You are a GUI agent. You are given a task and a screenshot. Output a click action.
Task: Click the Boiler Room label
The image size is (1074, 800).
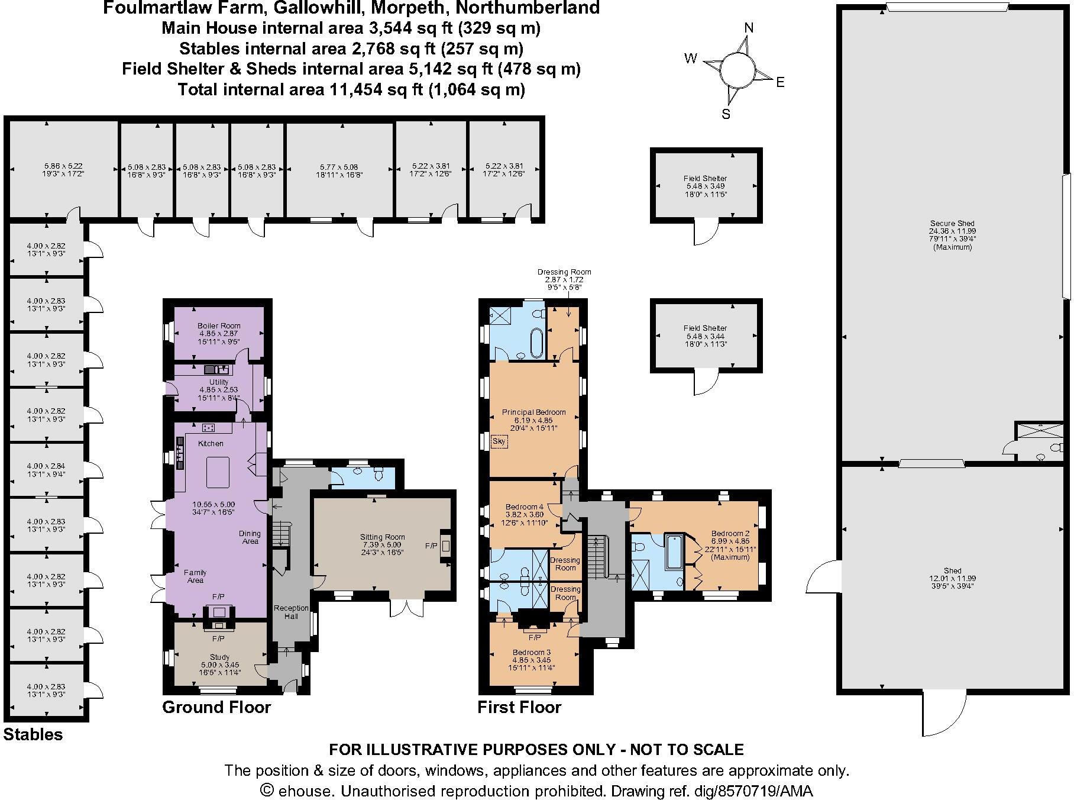(218, 326)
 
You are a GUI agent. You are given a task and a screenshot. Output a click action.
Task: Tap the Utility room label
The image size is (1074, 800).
(218, 382)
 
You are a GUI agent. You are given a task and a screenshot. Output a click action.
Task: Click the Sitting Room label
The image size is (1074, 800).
(382, 537)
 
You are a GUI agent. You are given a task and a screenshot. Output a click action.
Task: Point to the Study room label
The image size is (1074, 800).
(219, 657)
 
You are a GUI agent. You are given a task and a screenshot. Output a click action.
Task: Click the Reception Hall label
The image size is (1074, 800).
(291, 612)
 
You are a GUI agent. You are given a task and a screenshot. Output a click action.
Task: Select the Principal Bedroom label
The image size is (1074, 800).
(533, 412)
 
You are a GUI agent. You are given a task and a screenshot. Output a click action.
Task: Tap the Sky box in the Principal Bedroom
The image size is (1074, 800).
(499, 441)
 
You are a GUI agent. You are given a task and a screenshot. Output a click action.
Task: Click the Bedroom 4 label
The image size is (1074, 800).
(524, 507)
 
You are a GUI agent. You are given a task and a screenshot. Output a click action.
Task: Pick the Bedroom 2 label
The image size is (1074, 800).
(730, 533)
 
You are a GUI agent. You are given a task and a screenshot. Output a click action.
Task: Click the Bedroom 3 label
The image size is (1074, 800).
(531, 653)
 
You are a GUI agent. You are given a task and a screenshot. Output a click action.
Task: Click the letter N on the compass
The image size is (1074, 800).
(749, 28)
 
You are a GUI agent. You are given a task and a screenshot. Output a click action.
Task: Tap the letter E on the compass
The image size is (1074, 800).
(780, 83)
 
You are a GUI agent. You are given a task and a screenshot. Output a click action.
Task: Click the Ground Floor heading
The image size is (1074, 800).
(216, 707)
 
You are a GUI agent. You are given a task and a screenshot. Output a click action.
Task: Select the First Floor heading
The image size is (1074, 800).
(519, 707)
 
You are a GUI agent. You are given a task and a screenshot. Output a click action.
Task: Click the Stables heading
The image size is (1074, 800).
(33, 735)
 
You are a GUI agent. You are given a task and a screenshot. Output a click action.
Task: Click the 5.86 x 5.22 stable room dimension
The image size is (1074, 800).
(63, 167)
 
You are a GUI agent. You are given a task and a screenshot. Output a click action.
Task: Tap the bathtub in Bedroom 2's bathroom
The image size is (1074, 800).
(674, 552)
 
